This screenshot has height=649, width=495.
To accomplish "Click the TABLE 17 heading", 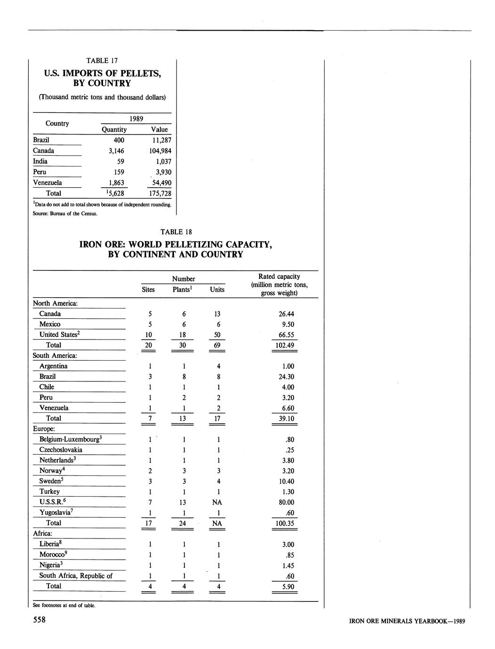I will [102, 61].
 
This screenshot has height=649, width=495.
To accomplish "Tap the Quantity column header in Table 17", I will [114, 129].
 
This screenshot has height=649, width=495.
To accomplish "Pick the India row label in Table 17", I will [40, 161].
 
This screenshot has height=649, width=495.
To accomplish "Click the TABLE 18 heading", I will [176, 232].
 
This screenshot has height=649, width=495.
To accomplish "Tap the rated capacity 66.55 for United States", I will [284, 335].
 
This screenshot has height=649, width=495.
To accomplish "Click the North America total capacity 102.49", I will [284, 345].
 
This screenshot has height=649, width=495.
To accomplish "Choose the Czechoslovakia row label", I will [61, 450].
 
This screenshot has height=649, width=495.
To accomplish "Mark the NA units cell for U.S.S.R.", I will [217, 502].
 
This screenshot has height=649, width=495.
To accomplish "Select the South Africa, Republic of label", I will [76, 576].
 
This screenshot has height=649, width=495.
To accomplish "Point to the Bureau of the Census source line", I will [65, 214].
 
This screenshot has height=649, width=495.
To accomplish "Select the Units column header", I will [217, 290].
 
